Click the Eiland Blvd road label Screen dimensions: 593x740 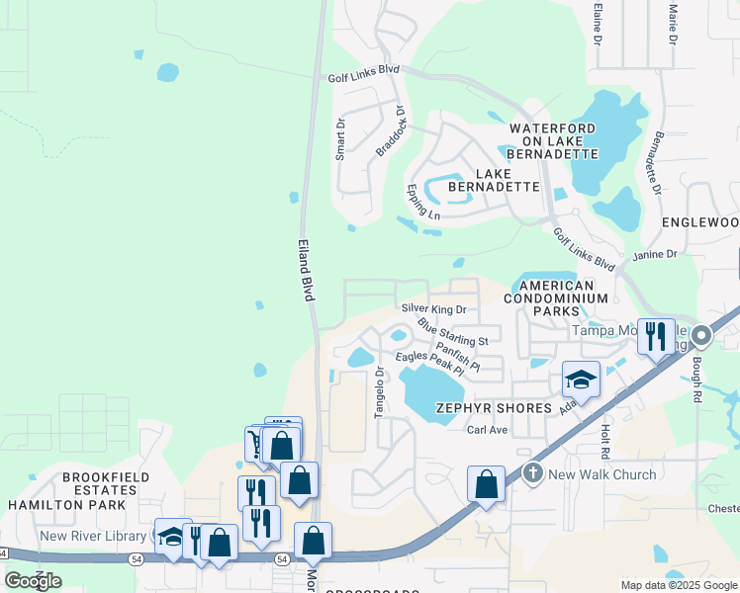pos(307,269)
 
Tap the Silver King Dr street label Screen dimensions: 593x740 pos(433,309)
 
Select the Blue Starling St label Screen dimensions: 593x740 pos(453,331)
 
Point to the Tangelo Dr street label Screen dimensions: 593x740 pos(379,392)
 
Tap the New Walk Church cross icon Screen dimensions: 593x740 pos(533,474)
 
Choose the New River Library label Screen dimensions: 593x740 pos(93,537)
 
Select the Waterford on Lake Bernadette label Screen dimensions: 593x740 pos(553,141)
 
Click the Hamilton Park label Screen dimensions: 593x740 pos(66,504)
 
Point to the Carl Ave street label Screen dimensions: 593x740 pos(487,431)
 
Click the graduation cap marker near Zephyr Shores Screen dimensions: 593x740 pos(582,379)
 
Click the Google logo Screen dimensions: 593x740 pos(33,581)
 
